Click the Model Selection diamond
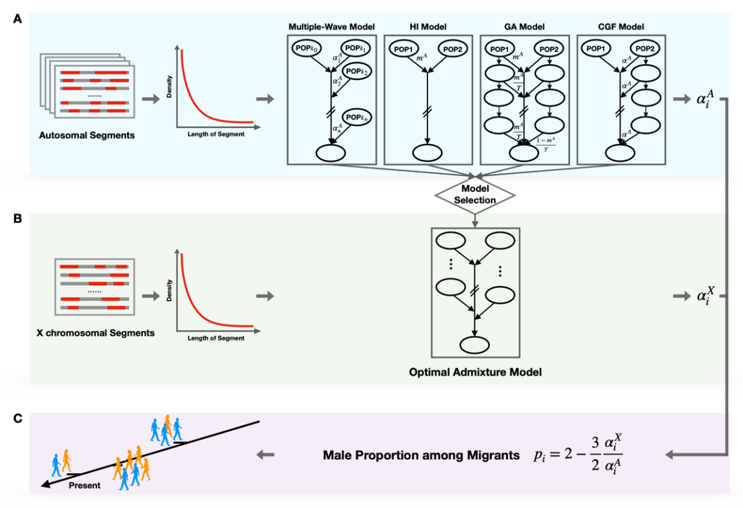[x=476, y=195]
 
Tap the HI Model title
[x=426, y=26]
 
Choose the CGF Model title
[x=618, y=26]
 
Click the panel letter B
[x=17, y=218]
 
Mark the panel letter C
[x=17, y=418]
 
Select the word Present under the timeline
[x=84, y=486]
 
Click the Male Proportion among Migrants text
[x=420, y=456]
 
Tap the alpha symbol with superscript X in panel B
[x=705, y=297]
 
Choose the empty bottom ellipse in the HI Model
[x=426, y=153]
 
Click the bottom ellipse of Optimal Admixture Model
[x=474, y=345]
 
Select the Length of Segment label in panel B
[x=216, y=338]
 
